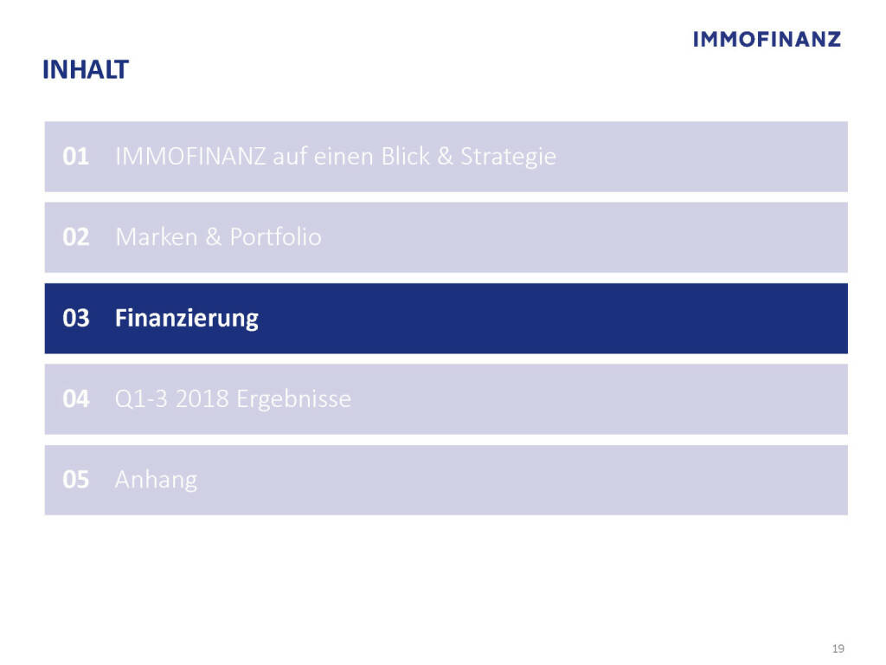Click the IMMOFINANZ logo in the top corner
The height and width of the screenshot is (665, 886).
coord(767,39)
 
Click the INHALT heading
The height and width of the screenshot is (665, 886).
coord(86,69)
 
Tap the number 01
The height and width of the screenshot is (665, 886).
coord(76,157)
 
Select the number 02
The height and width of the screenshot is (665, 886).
coord(76,237)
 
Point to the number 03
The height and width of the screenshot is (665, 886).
coord(76,318)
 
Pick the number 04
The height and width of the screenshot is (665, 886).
coord(76,398)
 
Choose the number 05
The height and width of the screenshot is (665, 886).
coord(76,480)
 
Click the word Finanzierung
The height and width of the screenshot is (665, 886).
coord(187,319)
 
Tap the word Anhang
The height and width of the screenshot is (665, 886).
coord(156,481)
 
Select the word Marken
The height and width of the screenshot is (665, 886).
coord(157,237)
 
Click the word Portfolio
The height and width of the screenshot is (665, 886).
coord(276,237)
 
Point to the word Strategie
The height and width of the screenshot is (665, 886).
coord(509,158)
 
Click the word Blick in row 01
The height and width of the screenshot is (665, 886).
coord(405,156)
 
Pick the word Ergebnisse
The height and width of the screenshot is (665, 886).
coord(294,400)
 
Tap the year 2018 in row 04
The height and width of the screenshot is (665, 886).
coord(202,398)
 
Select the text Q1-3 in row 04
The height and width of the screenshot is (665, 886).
coord(141,399)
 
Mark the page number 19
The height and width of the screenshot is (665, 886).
coord(838,649)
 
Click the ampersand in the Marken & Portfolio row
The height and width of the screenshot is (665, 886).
coord(214,237)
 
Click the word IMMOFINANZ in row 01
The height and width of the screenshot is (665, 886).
coord(190,157)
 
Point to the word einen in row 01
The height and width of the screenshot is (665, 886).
coord(343,157)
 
